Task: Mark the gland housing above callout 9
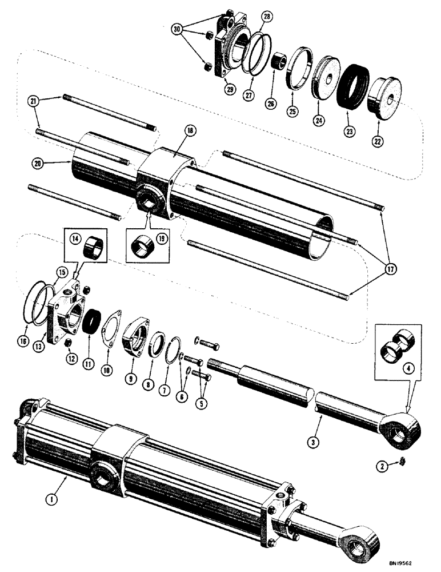coord(135,337)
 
